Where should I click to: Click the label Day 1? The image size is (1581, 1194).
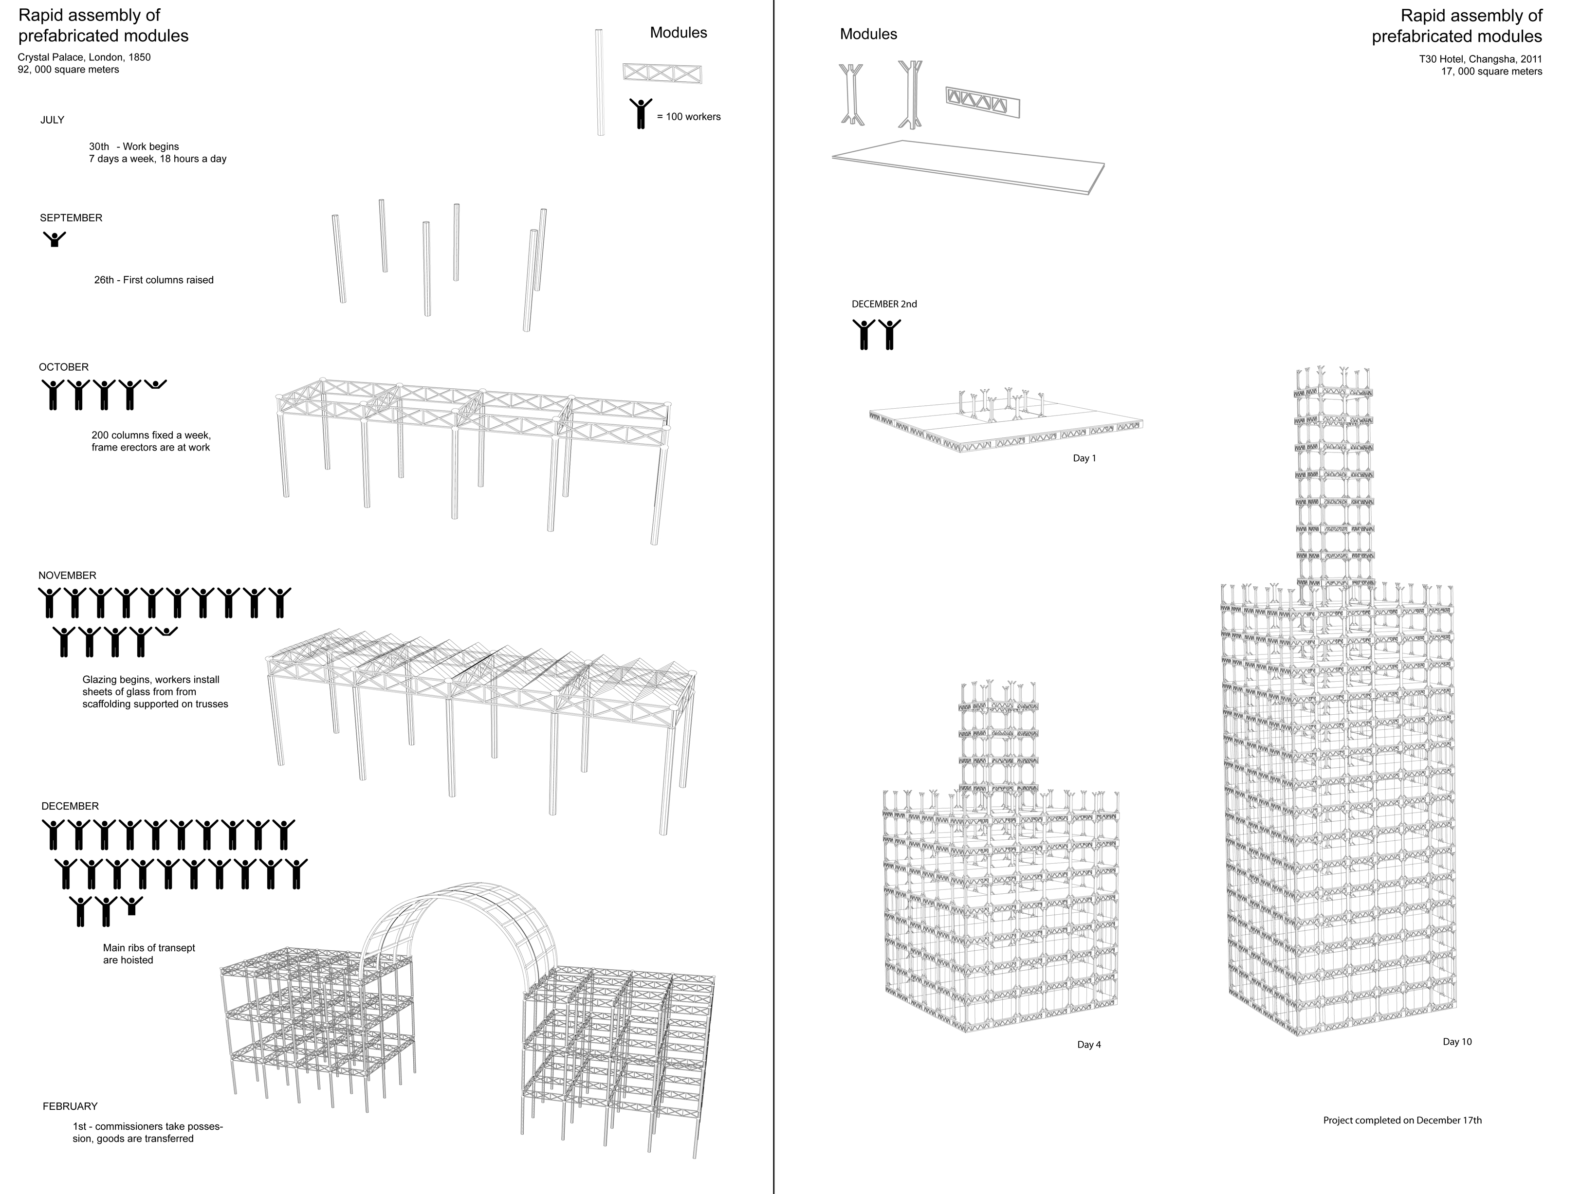pyautogui.click(x=1084, y=458)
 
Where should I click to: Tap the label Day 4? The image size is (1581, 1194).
pyautogui.click(x=1088, y=1045)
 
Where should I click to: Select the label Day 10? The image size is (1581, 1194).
pyautogui.click(x=1457, y=1042)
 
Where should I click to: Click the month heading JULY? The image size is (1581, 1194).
pyautogui.click(x=52, y=120)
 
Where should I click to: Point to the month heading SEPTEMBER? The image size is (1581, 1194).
pyautogui.click(x=71, y=218)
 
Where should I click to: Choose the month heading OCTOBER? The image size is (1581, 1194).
pyautogui.click(x=64, y=367)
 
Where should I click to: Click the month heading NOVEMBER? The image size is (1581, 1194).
pyautogui.click(x=67, y=575)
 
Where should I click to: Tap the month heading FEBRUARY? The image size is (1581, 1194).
pyautogui.click(x=70, y=1106)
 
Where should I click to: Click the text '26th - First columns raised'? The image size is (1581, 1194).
pyautogui.click(x=154, y=280)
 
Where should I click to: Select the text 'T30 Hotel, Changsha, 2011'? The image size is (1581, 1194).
pyautogui.click(x=1480, y=59)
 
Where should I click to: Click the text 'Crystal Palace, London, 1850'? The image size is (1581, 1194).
pyautogui.click(x=84, y=57)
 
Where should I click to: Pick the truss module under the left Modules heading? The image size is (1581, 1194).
pyautogui.click(x=662, y=73)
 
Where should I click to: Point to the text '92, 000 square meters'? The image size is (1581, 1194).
pyautogui.click(x=69, y=70)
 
